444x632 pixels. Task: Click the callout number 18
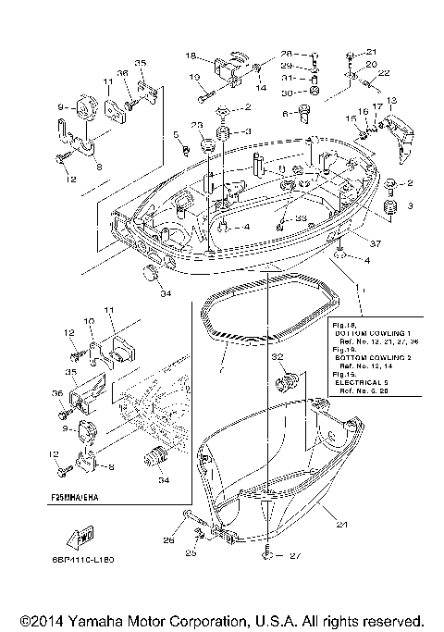point(191,55)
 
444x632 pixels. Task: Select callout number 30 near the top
point(286,93)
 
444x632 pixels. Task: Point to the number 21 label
point(372,52)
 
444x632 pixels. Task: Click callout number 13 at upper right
point(391,100)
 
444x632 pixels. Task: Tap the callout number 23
point(196,125)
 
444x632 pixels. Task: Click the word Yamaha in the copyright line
point(97,620)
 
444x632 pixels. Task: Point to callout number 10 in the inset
point(90,321)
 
